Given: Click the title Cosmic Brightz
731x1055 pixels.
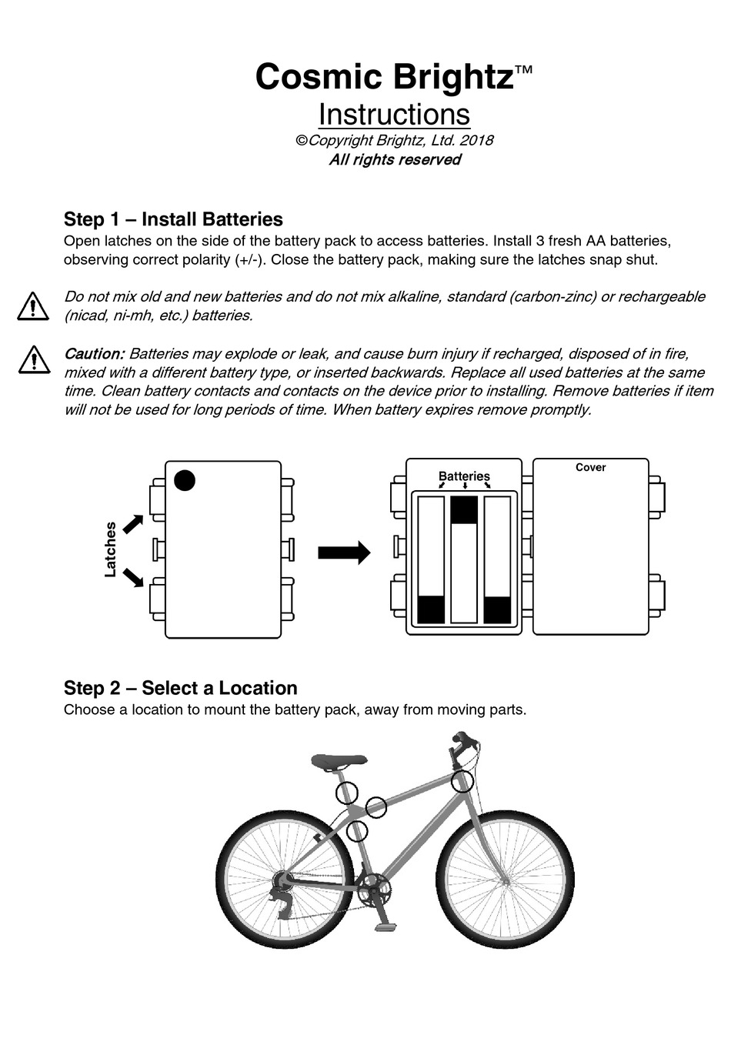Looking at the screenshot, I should pos(384,77).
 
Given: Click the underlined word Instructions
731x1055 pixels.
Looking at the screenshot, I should pos(394,115).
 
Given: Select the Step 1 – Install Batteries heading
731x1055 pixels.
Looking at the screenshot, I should pos(173,219).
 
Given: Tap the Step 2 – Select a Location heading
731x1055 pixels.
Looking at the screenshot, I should pos(180,688).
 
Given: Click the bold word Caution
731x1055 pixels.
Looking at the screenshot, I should pos(94,354).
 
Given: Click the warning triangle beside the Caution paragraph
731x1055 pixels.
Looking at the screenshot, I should pos(33,359).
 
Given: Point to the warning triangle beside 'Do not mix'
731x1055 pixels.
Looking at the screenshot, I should pos(33,305).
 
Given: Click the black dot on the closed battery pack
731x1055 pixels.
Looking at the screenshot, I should pos(185,480).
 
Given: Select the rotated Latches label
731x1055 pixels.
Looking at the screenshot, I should pos(111,549).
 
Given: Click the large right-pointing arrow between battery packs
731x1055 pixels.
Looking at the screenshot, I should pos(344,553).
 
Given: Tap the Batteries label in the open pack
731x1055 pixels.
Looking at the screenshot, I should pos(464,476).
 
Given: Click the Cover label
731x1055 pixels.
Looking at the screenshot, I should pos(590,467).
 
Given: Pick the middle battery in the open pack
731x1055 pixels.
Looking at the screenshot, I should pos(464,559).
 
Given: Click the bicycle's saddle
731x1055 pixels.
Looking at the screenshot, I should pos(339,761).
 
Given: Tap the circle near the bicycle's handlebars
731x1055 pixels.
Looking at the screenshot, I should pos(462,781).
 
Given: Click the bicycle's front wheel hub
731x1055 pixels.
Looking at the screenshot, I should pos(506,879).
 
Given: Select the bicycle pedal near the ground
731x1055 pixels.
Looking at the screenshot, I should pos(386,926).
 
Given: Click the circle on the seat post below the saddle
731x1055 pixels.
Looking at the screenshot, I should pos(347,793).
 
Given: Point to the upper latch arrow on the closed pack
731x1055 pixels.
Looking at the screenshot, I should pos(133,524).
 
